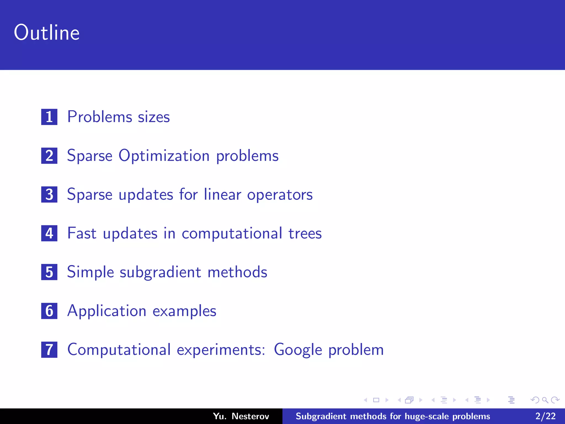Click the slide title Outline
click(x=47, y=33)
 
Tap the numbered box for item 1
click(x=49, y=117)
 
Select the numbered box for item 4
click(x=49, y=233)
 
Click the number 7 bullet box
click(x=49, y=350)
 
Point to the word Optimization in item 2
click(x=164, y=156)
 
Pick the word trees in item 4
click(x=305, y=233)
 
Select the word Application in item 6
click(x=107, y=311)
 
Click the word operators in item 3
click(x=280, y=195)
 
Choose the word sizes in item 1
click(x=154, y=117)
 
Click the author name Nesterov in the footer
click(x=250, y=416)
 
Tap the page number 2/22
click(x=545, y=416)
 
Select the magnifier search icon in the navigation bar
click(x=545, y=400)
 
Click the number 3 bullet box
click(x=49, y=195)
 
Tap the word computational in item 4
click(x=232, y=234)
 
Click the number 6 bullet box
click(x=49, y=311)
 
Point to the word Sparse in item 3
click(x=90, y=195)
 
